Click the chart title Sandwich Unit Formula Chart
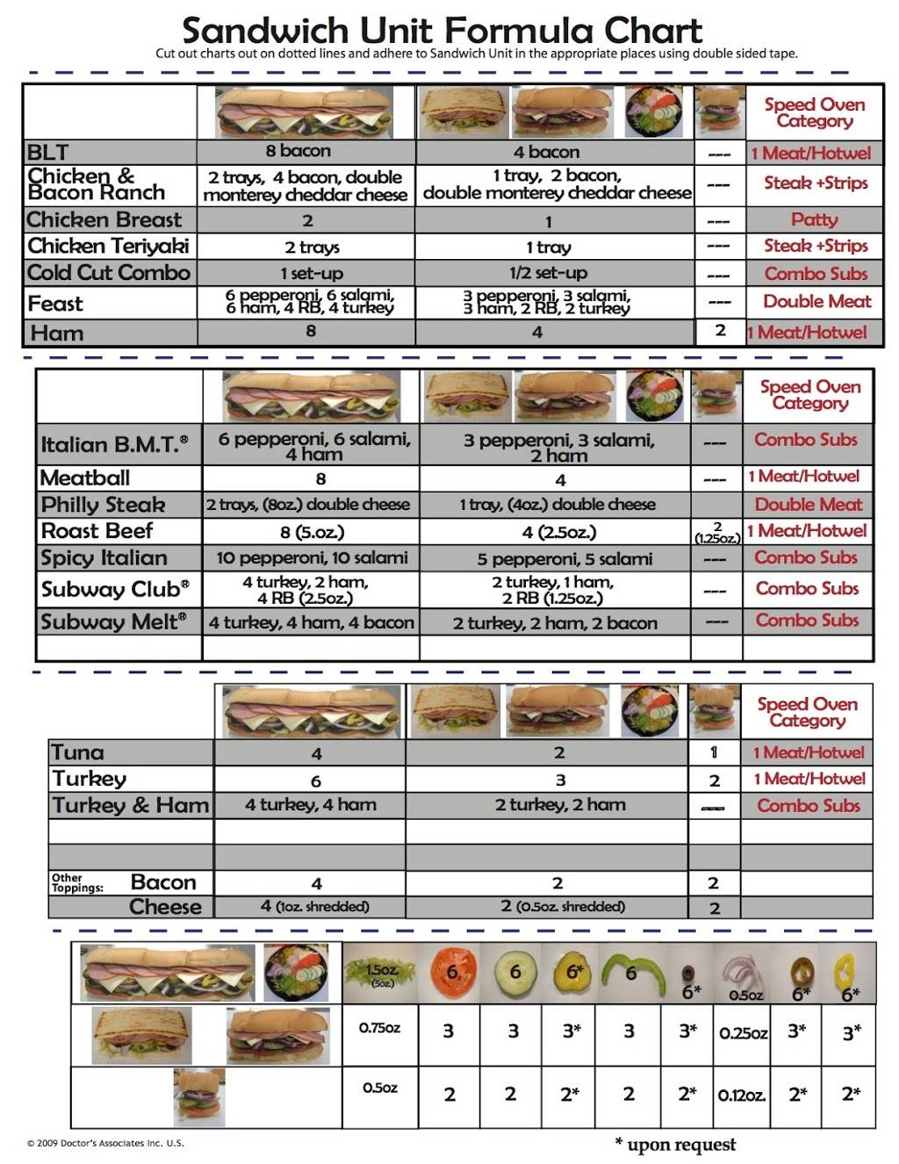tap(442, 31)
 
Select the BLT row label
tap(47, 152)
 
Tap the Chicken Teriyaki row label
tap(108, 246)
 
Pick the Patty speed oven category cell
tap(815, 219)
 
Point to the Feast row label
tap(55, 304)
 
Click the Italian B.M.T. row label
tap(114, 445)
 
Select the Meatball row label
tap(85, 478)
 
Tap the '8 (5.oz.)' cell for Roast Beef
tap(312, 532)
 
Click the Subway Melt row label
tap(113, 622)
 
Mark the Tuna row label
tap(77, 752)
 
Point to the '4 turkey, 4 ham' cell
tap(311, 805)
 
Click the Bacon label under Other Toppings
tap(163, 882)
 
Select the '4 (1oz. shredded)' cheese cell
tap(314, 907)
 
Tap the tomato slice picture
tap(451, 973)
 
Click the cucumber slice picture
tap(515, 973)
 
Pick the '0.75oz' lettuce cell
tap(380, 1028)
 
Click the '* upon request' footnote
tap(675, 1144)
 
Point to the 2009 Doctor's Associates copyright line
tap(105, 1143)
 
